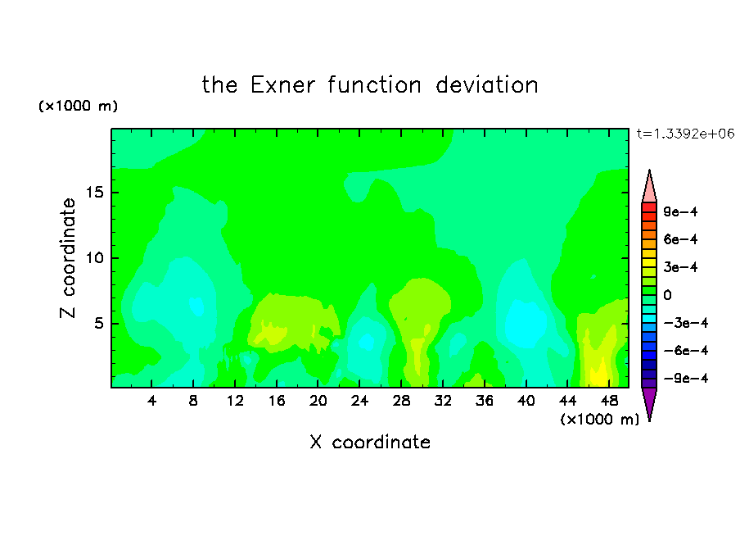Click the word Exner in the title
tap(282, 85)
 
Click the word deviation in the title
tap(486, 85)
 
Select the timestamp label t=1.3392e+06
tap(685, 134)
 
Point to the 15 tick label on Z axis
tap(95, 193)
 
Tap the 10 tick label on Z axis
tap(95, 258)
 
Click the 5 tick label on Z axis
tap(99, 323)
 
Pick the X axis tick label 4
tap(151, 401)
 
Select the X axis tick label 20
tap(318, 401)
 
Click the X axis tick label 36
tap(485, 401)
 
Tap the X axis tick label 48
tap(609, 401)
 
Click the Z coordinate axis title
tap(68, 258)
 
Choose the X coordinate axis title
tap(370, 443)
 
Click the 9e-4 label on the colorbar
tap(680, 211)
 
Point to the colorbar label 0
tap(667, 295)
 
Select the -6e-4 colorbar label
tap(686, 351)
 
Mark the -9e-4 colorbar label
tap(686, 379)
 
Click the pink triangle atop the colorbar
tap(649, 187)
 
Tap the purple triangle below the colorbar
tap(649, 403)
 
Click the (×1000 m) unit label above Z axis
tap(78, 106)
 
